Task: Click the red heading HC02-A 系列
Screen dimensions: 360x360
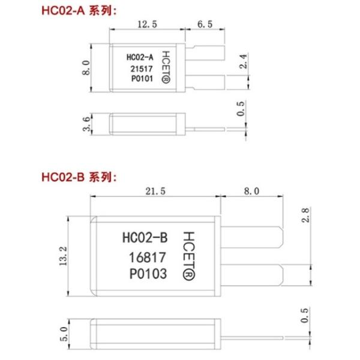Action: click(79, 11)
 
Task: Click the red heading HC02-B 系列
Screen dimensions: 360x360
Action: click(79, 177)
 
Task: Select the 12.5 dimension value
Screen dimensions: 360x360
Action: click(148, 24)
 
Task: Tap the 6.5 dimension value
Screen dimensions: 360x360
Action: click(205, 24)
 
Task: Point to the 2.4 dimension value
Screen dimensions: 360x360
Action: click(244, 61)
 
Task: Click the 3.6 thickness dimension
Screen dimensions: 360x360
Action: click(86, 124)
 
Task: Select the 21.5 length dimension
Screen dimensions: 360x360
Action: click(155, 191)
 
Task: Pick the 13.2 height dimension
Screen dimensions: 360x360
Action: click(63, 256)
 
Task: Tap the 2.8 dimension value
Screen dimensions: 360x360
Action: click(305, 215)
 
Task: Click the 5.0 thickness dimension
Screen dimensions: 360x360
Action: click(64, 334)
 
